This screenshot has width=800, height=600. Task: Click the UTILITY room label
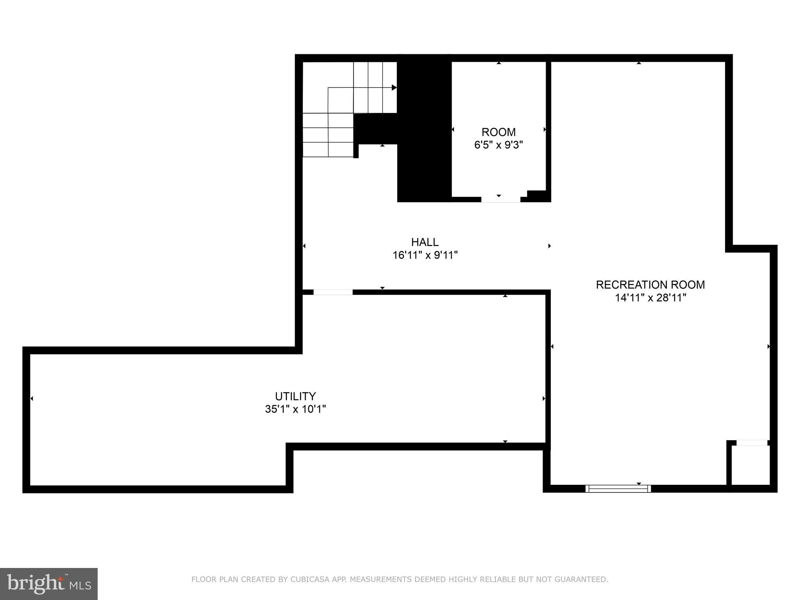coord(295,396)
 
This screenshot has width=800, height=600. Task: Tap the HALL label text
coord(425,242)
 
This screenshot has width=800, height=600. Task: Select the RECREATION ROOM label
coord(650,285)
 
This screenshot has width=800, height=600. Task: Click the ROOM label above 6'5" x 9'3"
coord(498,132)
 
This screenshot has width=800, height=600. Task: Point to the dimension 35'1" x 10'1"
coord(295,409)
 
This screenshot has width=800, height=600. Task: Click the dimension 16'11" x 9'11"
coord(425,255)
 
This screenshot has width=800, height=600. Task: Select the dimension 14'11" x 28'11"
coord(650,298)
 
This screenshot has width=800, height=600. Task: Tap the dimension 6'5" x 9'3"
coord(498,145)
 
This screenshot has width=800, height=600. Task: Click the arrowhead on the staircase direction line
coord(394,87)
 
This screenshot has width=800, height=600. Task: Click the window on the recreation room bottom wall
coord(618,488)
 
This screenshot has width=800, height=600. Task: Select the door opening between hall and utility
coord(333,292)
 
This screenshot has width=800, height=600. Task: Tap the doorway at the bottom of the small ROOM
coord(500,200)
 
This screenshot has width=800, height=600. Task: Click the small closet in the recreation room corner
coord(750,465)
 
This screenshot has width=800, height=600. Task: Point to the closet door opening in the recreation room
coord(752,443)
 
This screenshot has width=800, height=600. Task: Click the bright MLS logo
coord(49,584)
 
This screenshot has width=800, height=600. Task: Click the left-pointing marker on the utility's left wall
coord(32,398)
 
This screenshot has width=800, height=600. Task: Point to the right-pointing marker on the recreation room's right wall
coord(768,346)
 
